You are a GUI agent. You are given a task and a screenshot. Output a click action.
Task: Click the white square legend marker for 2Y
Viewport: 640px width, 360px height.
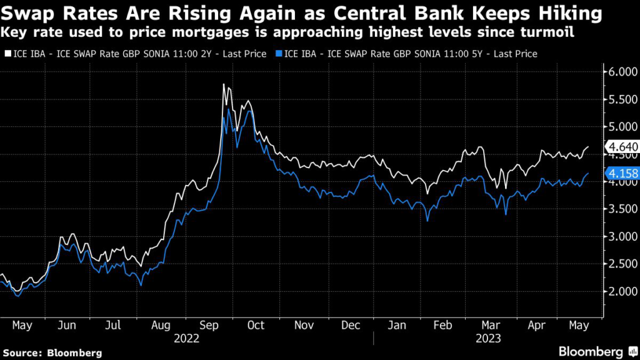[6, 54]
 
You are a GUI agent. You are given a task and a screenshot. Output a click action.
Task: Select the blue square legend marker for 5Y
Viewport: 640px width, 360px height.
[278, 54]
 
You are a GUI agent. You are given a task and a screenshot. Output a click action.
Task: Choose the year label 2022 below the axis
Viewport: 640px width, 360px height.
[187, 338]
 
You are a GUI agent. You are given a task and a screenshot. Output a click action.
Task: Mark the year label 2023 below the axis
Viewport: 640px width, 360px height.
[487, 338]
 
